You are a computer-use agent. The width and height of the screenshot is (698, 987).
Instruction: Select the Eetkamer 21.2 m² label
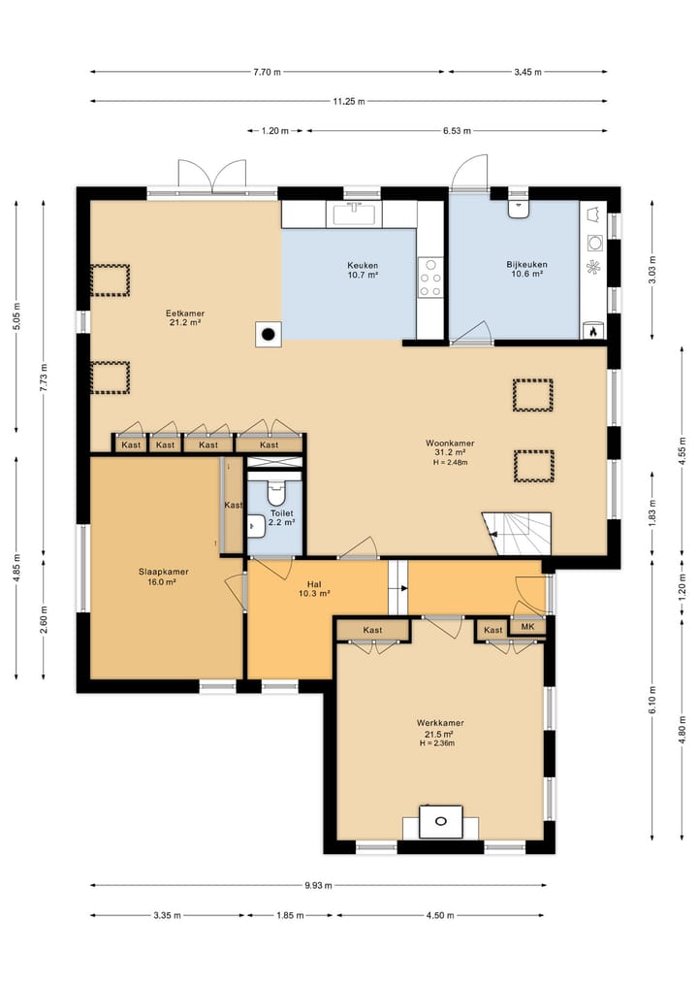185,318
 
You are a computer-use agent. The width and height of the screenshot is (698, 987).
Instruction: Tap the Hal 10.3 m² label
314,589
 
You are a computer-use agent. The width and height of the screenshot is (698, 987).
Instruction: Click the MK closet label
527,626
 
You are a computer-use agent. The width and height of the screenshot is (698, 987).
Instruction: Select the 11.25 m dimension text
349,101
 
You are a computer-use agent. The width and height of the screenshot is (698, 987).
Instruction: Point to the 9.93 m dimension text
318,886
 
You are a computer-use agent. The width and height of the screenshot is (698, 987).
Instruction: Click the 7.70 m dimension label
268,72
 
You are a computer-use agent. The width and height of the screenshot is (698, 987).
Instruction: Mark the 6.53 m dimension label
457,131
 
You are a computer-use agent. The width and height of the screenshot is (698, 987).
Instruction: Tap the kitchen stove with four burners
430,278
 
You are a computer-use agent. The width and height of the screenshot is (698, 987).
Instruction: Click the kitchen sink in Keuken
357,214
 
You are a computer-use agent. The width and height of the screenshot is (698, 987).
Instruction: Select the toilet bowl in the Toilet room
276,492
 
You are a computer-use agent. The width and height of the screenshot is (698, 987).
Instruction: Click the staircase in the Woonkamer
517,534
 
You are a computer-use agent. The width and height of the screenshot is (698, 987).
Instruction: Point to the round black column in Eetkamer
269,334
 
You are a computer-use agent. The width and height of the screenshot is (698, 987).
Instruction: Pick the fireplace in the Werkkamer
441,821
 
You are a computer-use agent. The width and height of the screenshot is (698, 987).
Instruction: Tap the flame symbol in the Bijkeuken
593,331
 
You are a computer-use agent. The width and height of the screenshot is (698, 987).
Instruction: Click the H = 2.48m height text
450,462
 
